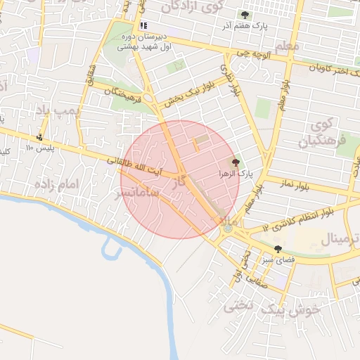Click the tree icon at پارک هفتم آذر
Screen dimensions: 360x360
tap(245, 15)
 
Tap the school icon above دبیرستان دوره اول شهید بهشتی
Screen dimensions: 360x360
tap(143, 26)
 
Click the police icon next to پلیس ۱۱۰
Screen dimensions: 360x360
tap(40, 137)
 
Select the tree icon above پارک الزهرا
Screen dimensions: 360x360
tap(235, 162)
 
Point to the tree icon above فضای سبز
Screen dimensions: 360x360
tap(278, 249)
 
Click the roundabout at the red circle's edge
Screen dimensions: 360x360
tap(228, 228)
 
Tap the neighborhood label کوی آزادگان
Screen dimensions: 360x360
tap(192, 6)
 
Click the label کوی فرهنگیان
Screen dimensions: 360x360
tap(323, 133)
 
